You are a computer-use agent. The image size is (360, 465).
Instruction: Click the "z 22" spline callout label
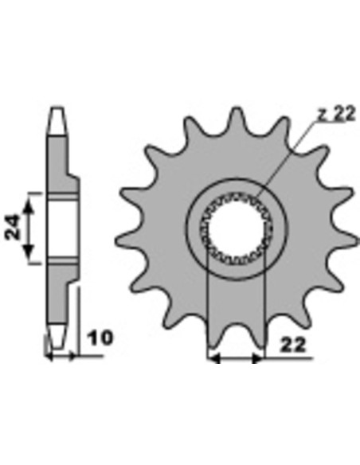[336, 114]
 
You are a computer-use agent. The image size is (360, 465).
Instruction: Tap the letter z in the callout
[321, 115]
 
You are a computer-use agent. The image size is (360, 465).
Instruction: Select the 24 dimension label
[13, 227]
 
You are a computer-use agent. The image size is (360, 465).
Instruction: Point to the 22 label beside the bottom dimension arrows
[292, 346]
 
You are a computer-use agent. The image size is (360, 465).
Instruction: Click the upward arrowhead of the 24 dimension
[29, 205]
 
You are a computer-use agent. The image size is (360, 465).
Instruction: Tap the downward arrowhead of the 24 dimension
[29, 252]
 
